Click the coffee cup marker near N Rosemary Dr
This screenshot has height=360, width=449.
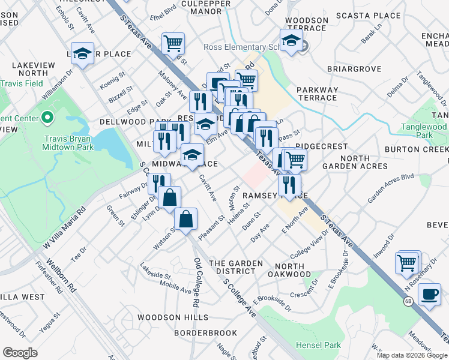429,295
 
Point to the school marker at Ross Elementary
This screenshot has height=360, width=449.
291,41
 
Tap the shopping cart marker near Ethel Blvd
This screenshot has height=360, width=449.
173,43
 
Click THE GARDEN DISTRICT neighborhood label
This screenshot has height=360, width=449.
235,267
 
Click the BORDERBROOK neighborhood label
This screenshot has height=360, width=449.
205,332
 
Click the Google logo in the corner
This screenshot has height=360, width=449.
20,353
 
